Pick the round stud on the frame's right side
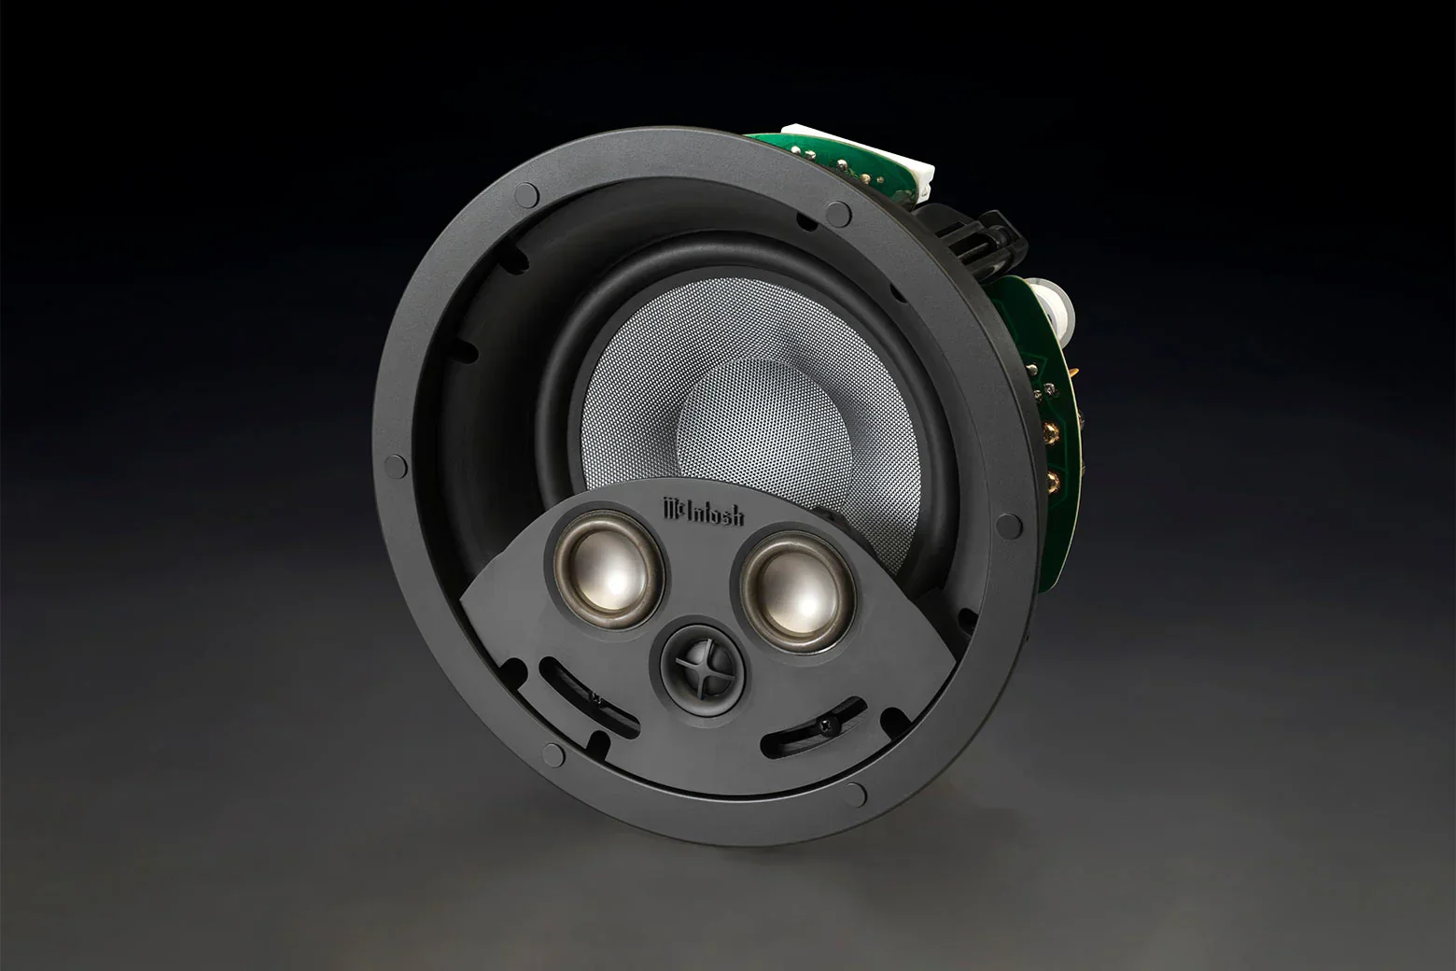1008,526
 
